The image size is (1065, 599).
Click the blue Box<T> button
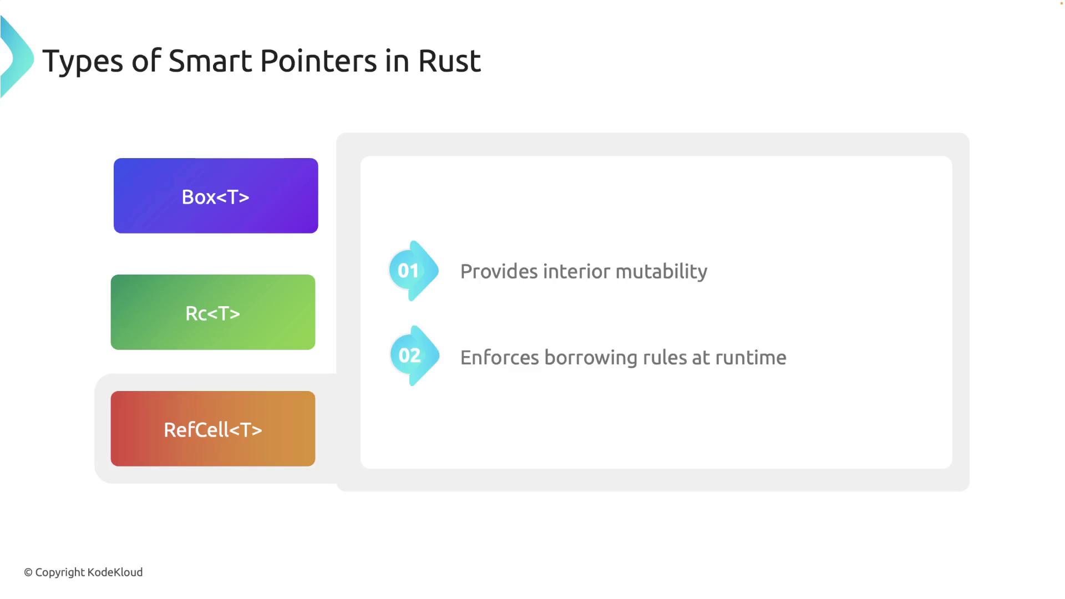(216, 196)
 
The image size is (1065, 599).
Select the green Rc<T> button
(213, 312)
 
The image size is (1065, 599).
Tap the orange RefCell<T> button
(213, 429)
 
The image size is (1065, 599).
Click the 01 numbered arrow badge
(414, 271)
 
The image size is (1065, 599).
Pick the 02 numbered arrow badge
(414, 356)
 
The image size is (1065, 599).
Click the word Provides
(499, 271)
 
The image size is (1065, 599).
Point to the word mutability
(661, 272)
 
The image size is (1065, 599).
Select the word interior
(577, 271)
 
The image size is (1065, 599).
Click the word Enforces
(500, 358)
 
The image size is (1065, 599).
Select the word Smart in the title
(210, 61)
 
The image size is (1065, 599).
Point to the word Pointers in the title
(318, 61)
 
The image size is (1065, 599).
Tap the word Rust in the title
(449, 61)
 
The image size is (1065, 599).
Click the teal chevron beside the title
(17, 57)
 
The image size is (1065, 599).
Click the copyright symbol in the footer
(28, 572)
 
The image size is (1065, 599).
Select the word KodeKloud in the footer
(115, 572)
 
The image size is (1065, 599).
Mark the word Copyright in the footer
(60, 573)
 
